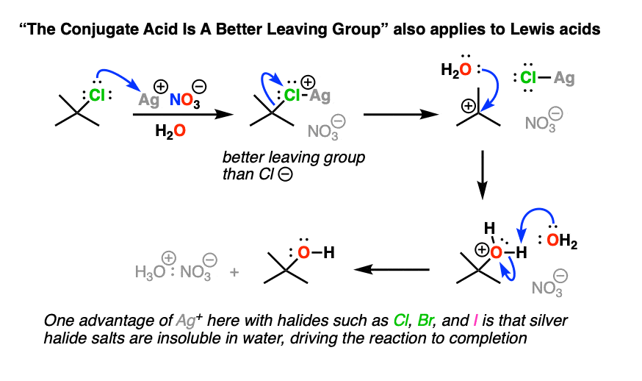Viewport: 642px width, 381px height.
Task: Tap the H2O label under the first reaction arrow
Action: pos(170,131)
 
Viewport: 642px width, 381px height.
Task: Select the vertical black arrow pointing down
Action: pos(483,175)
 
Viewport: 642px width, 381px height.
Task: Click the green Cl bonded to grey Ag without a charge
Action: pos(528,77)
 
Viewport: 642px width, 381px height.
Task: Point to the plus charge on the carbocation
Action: pos(468,106)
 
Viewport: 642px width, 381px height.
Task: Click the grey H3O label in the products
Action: pos(151,271)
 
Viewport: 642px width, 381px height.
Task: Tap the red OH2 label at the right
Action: pos(562,241)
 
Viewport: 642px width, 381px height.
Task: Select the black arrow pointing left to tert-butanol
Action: pos(392,269)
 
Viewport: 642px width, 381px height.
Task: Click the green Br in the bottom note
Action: pos(426,320)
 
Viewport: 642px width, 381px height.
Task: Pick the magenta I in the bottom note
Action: pos(475,320)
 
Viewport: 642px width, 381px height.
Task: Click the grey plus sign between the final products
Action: pos(234,272)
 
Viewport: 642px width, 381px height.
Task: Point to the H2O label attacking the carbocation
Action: pos(455,70)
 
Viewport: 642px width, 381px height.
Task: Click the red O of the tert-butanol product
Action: pos(303,252)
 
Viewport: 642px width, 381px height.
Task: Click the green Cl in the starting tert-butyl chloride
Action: pos(97,95)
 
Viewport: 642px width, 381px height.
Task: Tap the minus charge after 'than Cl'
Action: pos(286,174)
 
